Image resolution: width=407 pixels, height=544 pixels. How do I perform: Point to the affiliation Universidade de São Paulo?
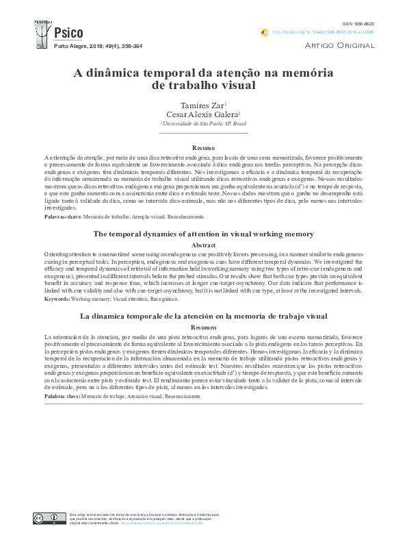[202, 124]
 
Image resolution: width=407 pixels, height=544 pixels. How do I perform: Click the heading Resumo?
[203, 148]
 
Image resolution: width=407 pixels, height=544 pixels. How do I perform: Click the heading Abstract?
[203, 245]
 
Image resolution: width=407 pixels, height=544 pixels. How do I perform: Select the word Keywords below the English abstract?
[57, 299]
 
